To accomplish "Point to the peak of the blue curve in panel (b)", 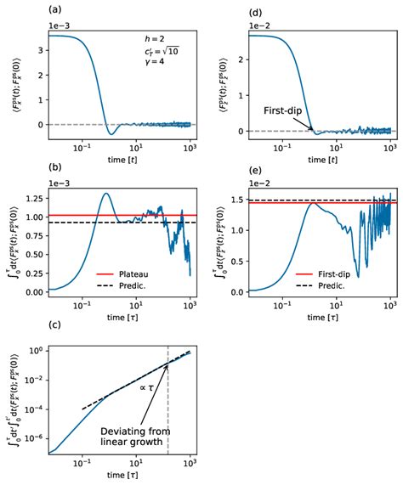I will click(x=105, y=194).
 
